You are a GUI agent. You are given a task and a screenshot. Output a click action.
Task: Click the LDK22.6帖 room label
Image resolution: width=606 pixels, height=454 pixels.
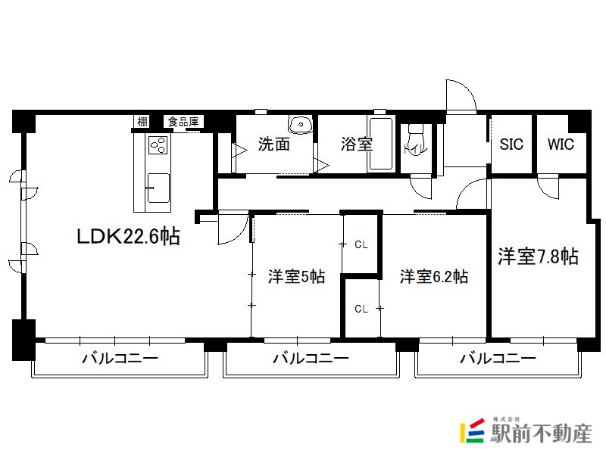(x=128, y=236)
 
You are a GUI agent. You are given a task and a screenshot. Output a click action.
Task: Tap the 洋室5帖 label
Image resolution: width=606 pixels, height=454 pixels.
(x=296, y=277)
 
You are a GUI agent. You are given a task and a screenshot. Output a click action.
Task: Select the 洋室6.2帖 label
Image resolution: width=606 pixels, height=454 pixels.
(x=433, y=277)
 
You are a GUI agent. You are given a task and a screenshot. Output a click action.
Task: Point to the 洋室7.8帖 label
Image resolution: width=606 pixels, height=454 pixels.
(x=538, y=256)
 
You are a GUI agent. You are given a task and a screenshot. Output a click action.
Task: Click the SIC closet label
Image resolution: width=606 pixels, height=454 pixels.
(x=511, y=145)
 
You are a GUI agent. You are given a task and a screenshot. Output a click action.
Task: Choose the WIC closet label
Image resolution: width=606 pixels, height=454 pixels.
(x=561, y=145)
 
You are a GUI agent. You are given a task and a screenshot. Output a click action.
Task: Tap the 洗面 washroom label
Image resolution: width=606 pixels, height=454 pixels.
(x=274, y=144)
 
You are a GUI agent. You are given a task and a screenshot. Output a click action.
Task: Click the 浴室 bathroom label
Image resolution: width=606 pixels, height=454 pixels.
(x=356, y=144)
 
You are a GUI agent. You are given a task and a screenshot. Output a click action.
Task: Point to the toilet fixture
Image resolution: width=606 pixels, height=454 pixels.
(x=416, y=138)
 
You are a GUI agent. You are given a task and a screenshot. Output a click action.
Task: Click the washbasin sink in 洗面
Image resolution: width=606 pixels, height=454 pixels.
(x=300, y=124)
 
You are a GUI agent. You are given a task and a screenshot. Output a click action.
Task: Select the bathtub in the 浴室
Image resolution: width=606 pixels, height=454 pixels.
(x=381, y=144)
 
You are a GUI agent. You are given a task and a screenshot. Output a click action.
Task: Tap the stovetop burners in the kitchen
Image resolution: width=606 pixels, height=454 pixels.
(x=158, y=145)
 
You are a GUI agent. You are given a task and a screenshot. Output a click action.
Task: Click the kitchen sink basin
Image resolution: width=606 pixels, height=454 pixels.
(x=158, y=188)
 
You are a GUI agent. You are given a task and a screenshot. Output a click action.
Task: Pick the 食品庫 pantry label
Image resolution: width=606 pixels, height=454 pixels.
(x=183, y=122)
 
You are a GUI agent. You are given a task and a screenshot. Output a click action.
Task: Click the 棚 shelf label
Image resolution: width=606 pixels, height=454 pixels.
(x=142, y=122)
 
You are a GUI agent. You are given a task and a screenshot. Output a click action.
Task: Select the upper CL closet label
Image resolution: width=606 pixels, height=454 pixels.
(x=361, y=244)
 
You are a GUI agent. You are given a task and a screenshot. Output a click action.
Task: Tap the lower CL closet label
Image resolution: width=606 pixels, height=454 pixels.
(x=361, y=309)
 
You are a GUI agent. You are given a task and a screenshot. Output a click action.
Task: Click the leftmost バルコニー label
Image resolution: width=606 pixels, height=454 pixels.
(x=120, y=358)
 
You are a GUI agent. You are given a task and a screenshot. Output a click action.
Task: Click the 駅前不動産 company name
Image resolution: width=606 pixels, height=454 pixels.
(x=541, y=434)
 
